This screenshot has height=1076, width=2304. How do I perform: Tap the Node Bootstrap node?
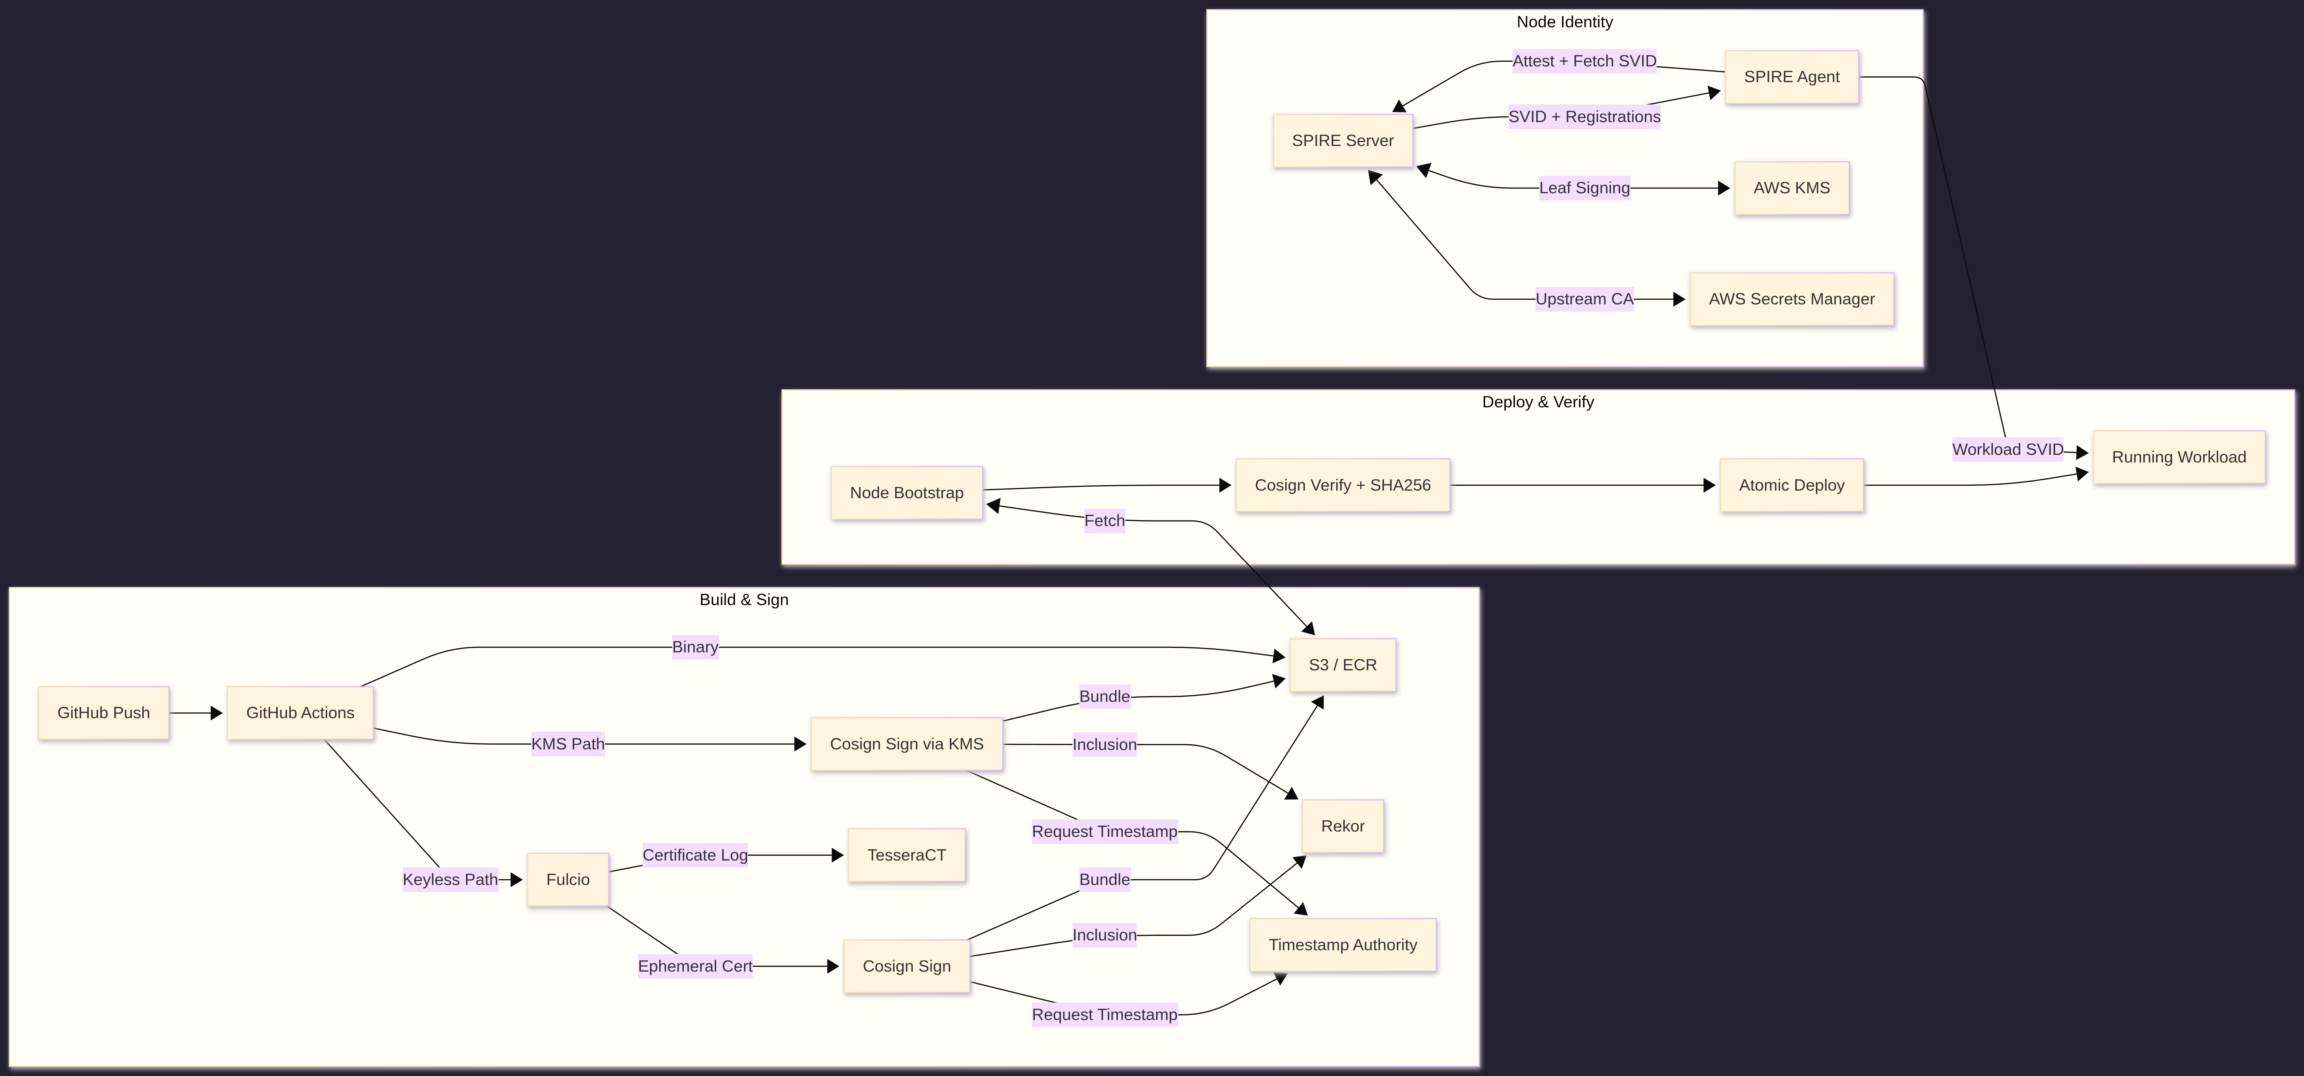906,493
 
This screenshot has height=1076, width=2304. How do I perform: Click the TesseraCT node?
906,855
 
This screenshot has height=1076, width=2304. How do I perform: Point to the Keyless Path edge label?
450,879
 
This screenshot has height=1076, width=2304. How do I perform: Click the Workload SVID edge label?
2007,449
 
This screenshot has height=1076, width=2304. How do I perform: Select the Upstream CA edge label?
1584,299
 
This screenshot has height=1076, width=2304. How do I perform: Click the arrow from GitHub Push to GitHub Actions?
195,713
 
